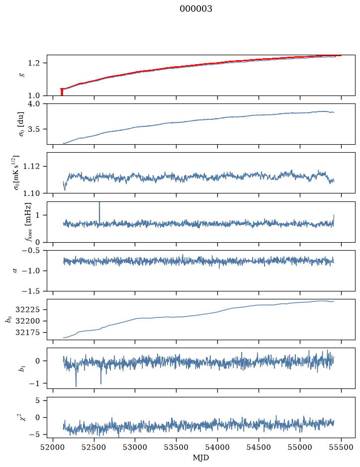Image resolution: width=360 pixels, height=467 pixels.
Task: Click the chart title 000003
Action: [195, 9]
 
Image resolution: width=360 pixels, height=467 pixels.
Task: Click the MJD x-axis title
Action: [201, 458]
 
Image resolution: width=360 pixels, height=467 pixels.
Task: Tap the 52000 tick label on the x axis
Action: [53, 447]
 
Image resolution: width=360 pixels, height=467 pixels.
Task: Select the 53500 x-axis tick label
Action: [176, 447]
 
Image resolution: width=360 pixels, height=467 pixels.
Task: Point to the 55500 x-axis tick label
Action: [341, 447]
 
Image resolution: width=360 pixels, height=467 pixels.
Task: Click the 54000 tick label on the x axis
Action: [217, 447]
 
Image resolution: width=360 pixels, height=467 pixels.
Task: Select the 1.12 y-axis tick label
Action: [31, 166]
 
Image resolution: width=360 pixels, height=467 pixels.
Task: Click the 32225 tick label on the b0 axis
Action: [27, 310]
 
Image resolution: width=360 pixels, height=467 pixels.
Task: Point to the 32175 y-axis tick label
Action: [27, 332]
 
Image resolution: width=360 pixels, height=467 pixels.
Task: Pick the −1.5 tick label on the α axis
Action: [31, 291]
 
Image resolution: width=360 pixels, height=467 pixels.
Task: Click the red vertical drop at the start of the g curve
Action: [62, 92]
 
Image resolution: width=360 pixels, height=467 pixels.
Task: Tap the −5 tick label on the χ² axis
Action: [35, 435]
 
